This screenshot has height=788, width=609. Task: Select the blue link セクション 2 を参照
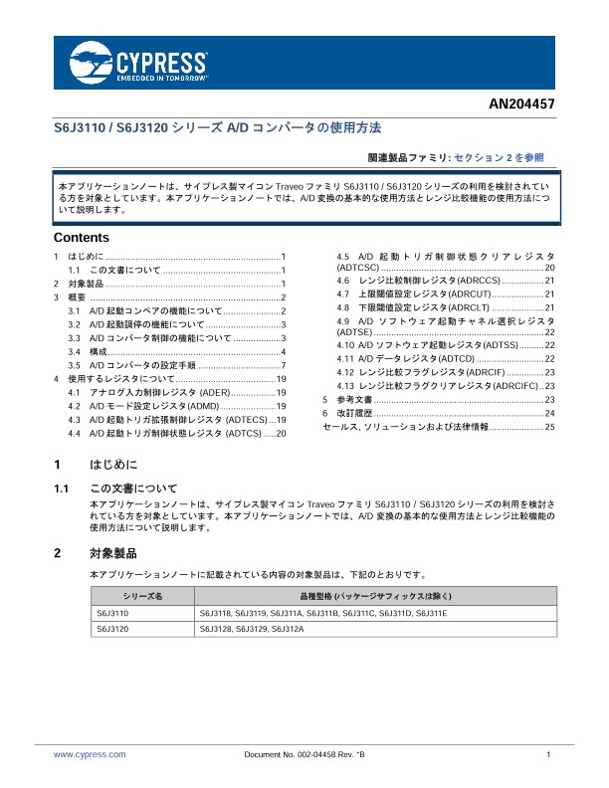(x=499, y=157)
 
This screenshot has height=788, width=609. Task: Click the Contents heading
(x=81, y=239)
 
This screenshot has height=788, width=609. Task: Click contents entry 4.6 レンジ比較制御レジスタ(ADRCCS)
(x=428, y=281)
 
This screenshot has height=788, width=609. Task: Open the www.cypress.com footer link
(x=90, y=755)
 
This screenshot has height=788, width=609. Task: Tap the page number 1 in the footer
(x=549, y=755)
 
